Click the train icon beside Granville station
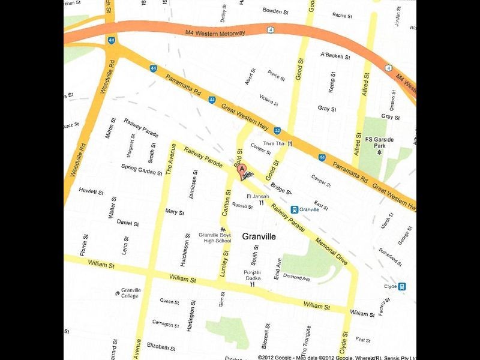294,209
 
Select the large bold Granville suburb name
259,237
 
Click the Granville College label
130,293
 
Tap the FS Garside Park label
379,143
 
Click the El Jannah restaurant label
257,196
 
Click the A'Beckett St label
335,56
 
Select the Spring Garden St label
142,169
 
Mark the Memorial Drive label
332,245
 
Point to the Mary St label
174,212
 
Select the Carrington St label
166,323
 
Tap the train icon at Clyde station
401,286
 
